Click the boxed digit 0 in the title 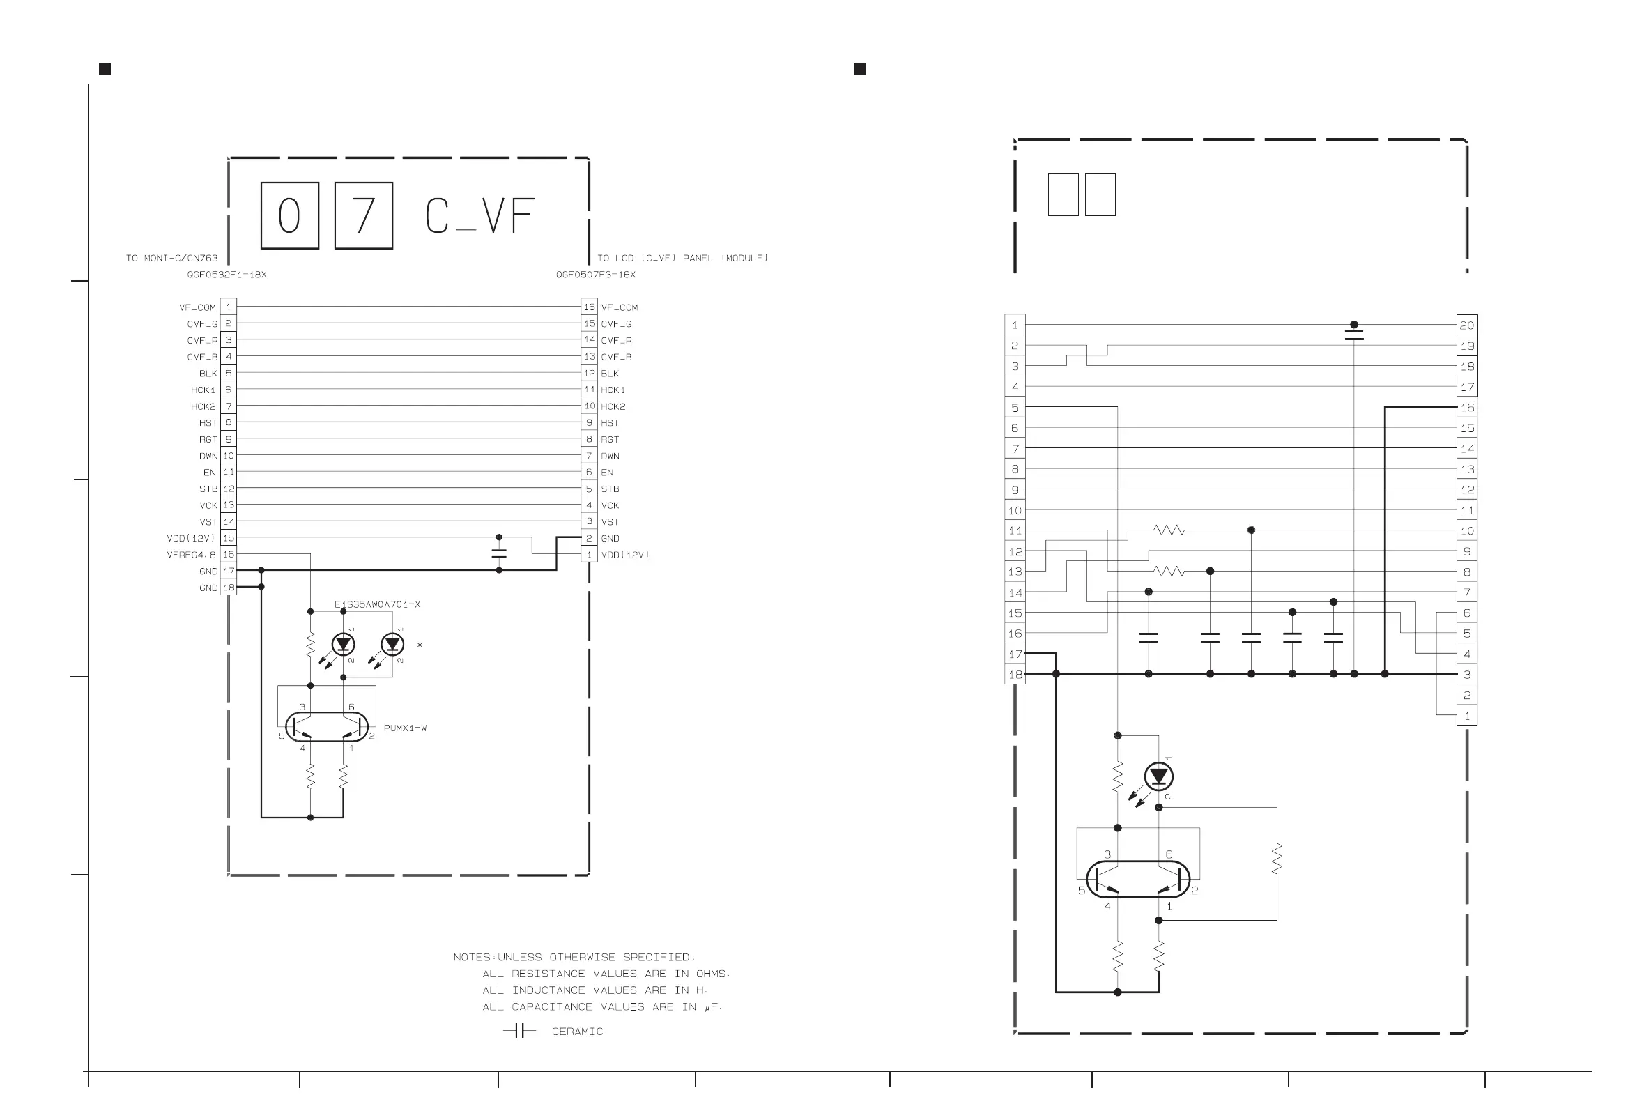click(x=289, y=215)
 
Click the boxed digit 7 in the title click(x=364, y=215)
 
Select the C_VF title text click(x=480, y=216)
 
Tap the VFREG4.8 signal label click(x=191, y=555)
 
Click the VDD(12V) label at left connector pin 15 click(x=190, y=538)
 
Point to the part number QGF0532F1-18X click(x=226, y=275)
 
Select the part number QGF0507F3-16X click(x=595, y=275)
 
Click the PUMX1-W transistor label click(x=405, y=728)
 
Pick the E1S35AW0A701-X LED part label click(x=377, y=604)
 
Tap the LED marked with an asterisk click(x=392, y=644)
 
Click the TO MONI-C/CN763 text click(x=171, y=258)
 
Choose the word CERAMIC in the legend click(x=577, y=1031)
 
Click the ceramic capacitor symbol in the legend click(x=519, y=1030)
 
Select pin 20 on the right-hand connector click(x=1466, y=325)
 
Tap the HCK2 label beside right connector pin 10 click(x=613, y=406)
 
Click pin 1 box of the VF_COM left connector click(x=229, y=307)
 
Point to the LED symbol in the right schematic click(x=1159, y=776)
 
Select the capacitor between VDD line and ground click(x=499, y=553)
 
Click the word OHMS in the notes click(x=712, y=974)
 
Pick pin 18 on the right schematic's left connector click(x=1015, y=675)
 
